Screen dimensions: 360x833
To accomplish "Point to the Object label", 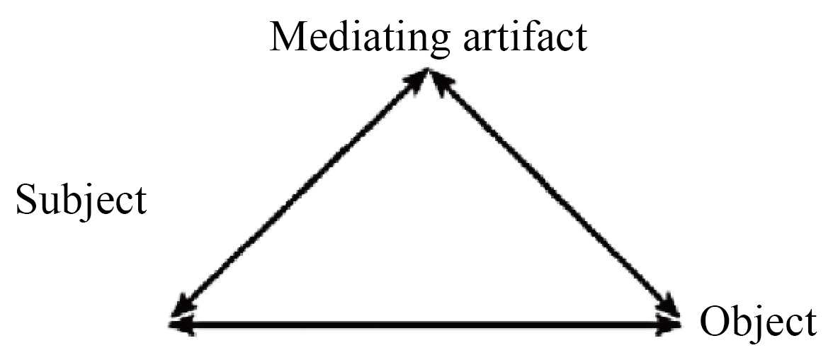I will [x=757, y=323].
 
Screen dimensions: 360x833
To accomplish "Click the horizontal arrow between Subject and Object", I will [x=425, y=326].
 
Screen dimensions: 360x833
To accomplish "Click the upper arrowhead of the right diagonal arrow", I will [x=441, y=79].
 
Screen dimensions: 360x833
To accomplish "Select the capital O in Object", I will [x=714, y=323].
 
